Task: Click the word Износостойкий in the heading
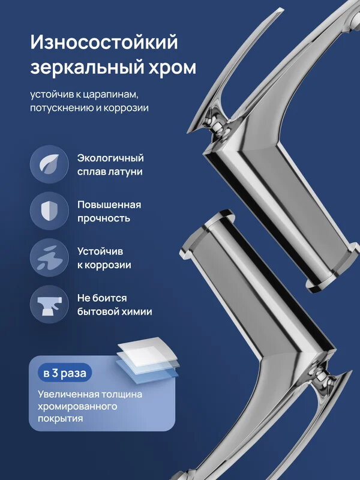tap(104, 43)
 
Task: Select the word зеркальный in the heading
tap(84, 67)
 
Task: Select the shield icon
tap(49, 211)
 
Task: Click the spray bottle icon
tap(49, 304)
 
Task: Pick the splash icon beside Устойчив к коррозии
tap(49, 257)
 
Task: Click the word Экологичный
tap(110, 158)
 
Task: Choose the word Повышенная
tap(109, 205)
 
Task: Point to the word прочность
tap(103, 218)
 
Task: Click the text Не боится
tap(102, 298)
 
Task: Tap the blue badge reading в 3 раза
tap(65, 373)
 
